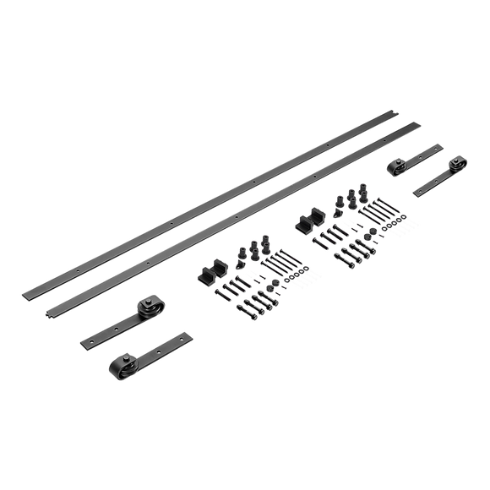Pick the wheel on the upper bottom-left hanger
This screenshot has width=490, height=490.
149,303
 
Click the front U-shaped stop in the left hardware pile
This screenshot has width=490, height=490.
206,278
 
